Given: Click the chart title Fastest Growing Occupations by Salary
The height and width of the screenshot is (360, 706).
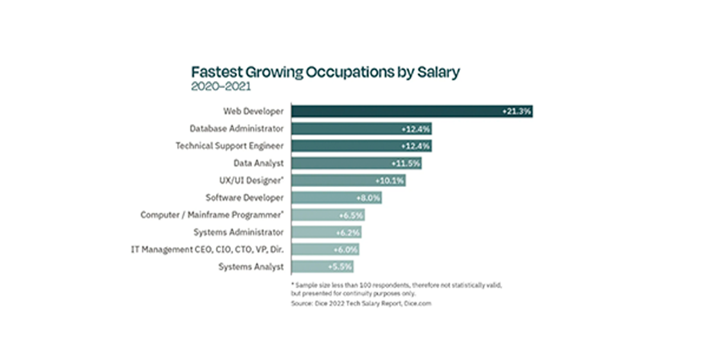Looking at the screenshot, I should [x=325, y=73].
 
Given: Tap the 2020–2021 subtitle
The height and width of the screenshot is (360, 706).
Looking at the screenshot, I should [x=220, y=87].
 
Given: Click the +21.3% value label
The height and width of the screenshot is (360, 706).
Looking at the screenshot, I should [x=516, y=111].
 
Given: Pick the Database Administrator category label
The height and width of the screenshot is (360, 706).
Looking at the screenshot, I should [x=237, y=128].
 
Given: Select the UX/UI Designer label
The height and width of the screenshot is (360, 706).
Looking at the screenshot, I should [x=252, y=180].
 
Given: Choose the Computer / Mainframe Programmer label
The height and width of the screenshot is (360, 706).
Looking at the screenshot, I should [x=212, y=215].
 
